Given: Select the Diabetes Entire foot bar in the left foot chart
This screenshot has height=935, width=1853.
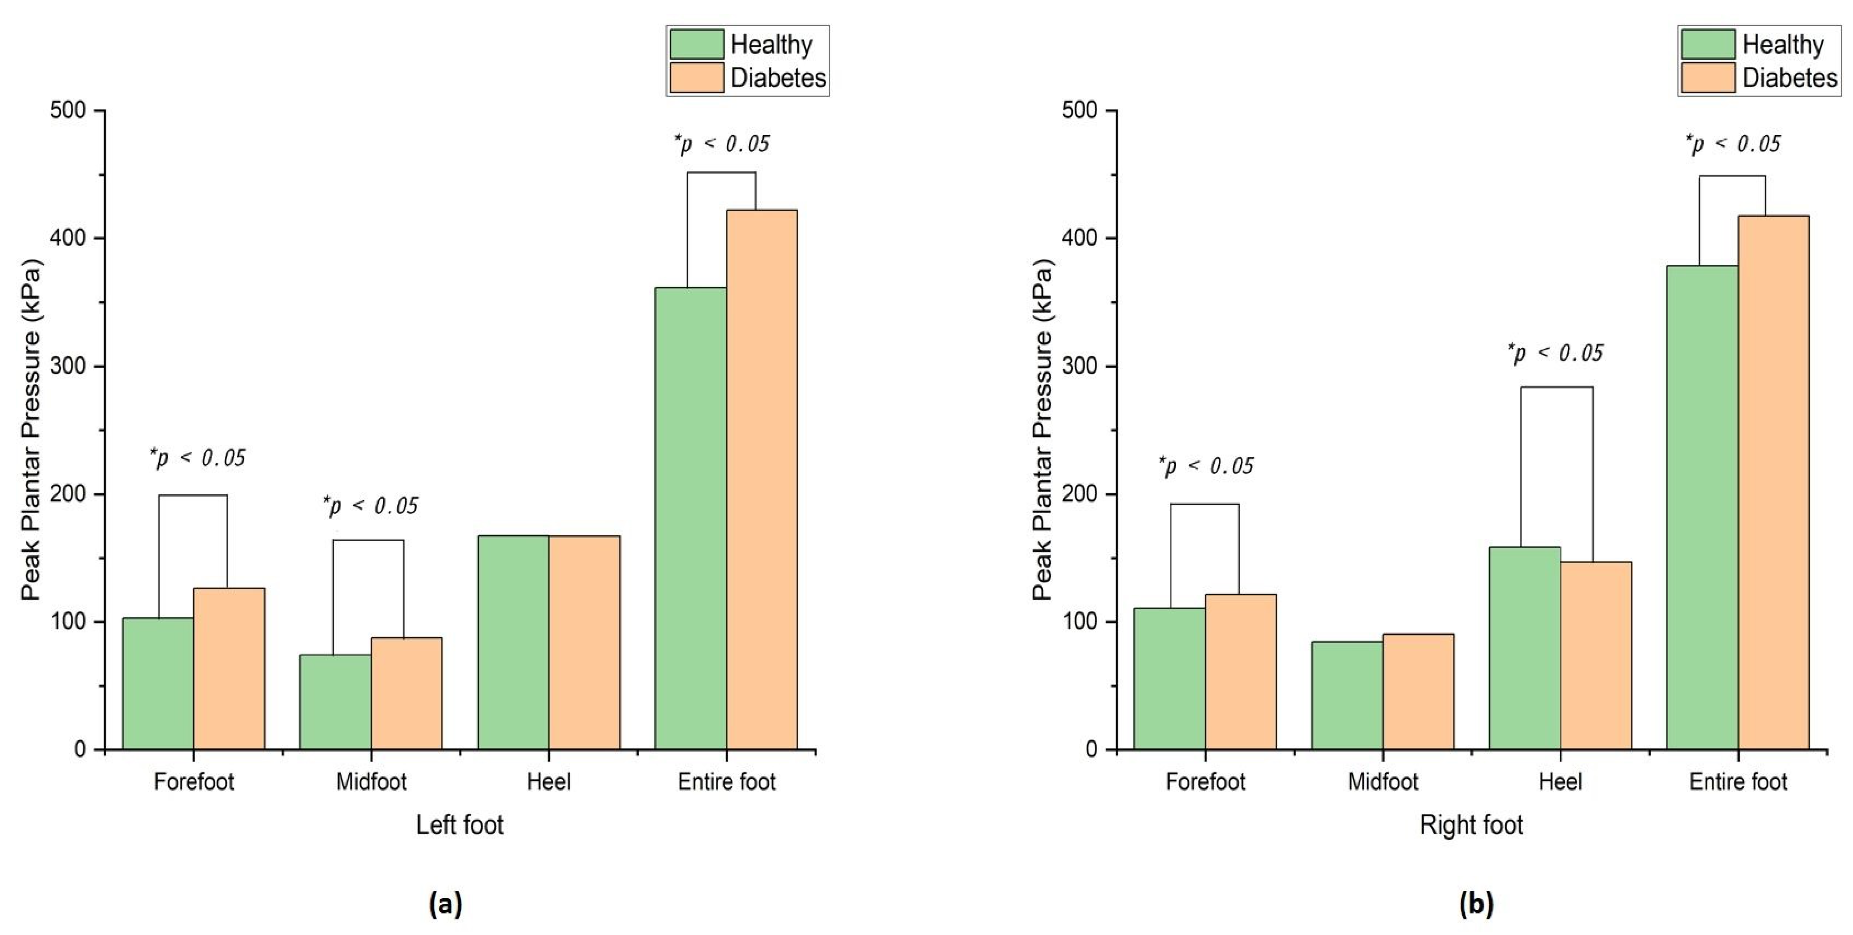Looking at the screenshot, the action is point(762,480).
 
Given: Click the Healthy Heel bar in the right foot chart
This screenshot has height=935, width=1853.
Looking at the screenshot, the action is point(1525,648).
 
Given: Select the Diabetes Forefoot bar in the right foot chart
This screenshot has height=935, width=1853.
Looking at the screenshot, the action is point(1241,672).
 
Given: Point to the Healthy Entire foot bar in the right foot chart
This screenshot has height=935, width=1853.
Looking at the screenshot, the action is point(1703,508).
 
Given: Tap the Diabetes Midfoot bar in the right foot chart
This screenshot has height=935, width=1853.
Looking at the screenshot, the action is point(1418,692).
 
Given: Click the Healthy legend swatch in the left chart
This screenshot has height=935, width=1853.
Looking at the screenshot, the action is point(696,44).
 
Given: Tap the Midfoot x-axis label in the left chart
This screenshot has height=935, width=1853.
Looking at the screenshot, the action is point(371,781).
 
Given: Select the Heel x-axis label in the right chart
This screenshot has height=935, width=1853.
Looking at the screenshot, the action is point(1560,781).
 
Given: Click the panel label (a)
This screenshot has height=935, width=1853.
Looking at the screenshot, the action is point(445,903).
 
